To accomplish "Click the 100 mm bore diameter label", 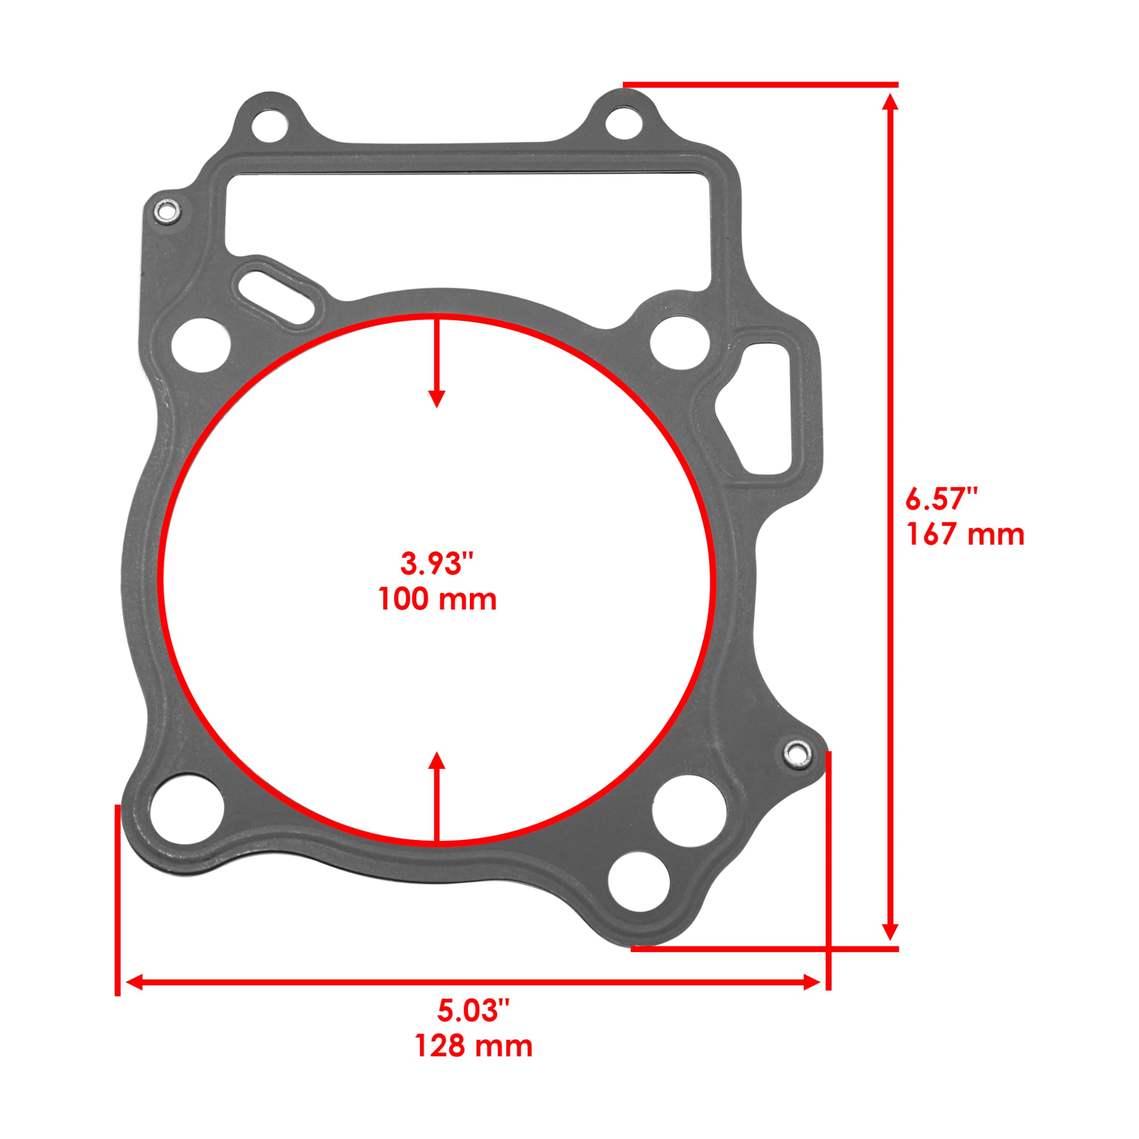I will click(437, 600).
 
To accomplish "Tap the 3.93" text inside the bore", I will click(437, 564).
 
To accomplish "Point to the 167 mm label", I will click(965, 535).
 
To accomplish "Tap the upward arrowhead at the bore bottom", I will click(436, 761).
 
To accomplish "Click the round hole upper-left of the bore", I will click(201, 345).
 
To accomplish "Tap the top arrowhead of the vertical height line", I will click(891, 101).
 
